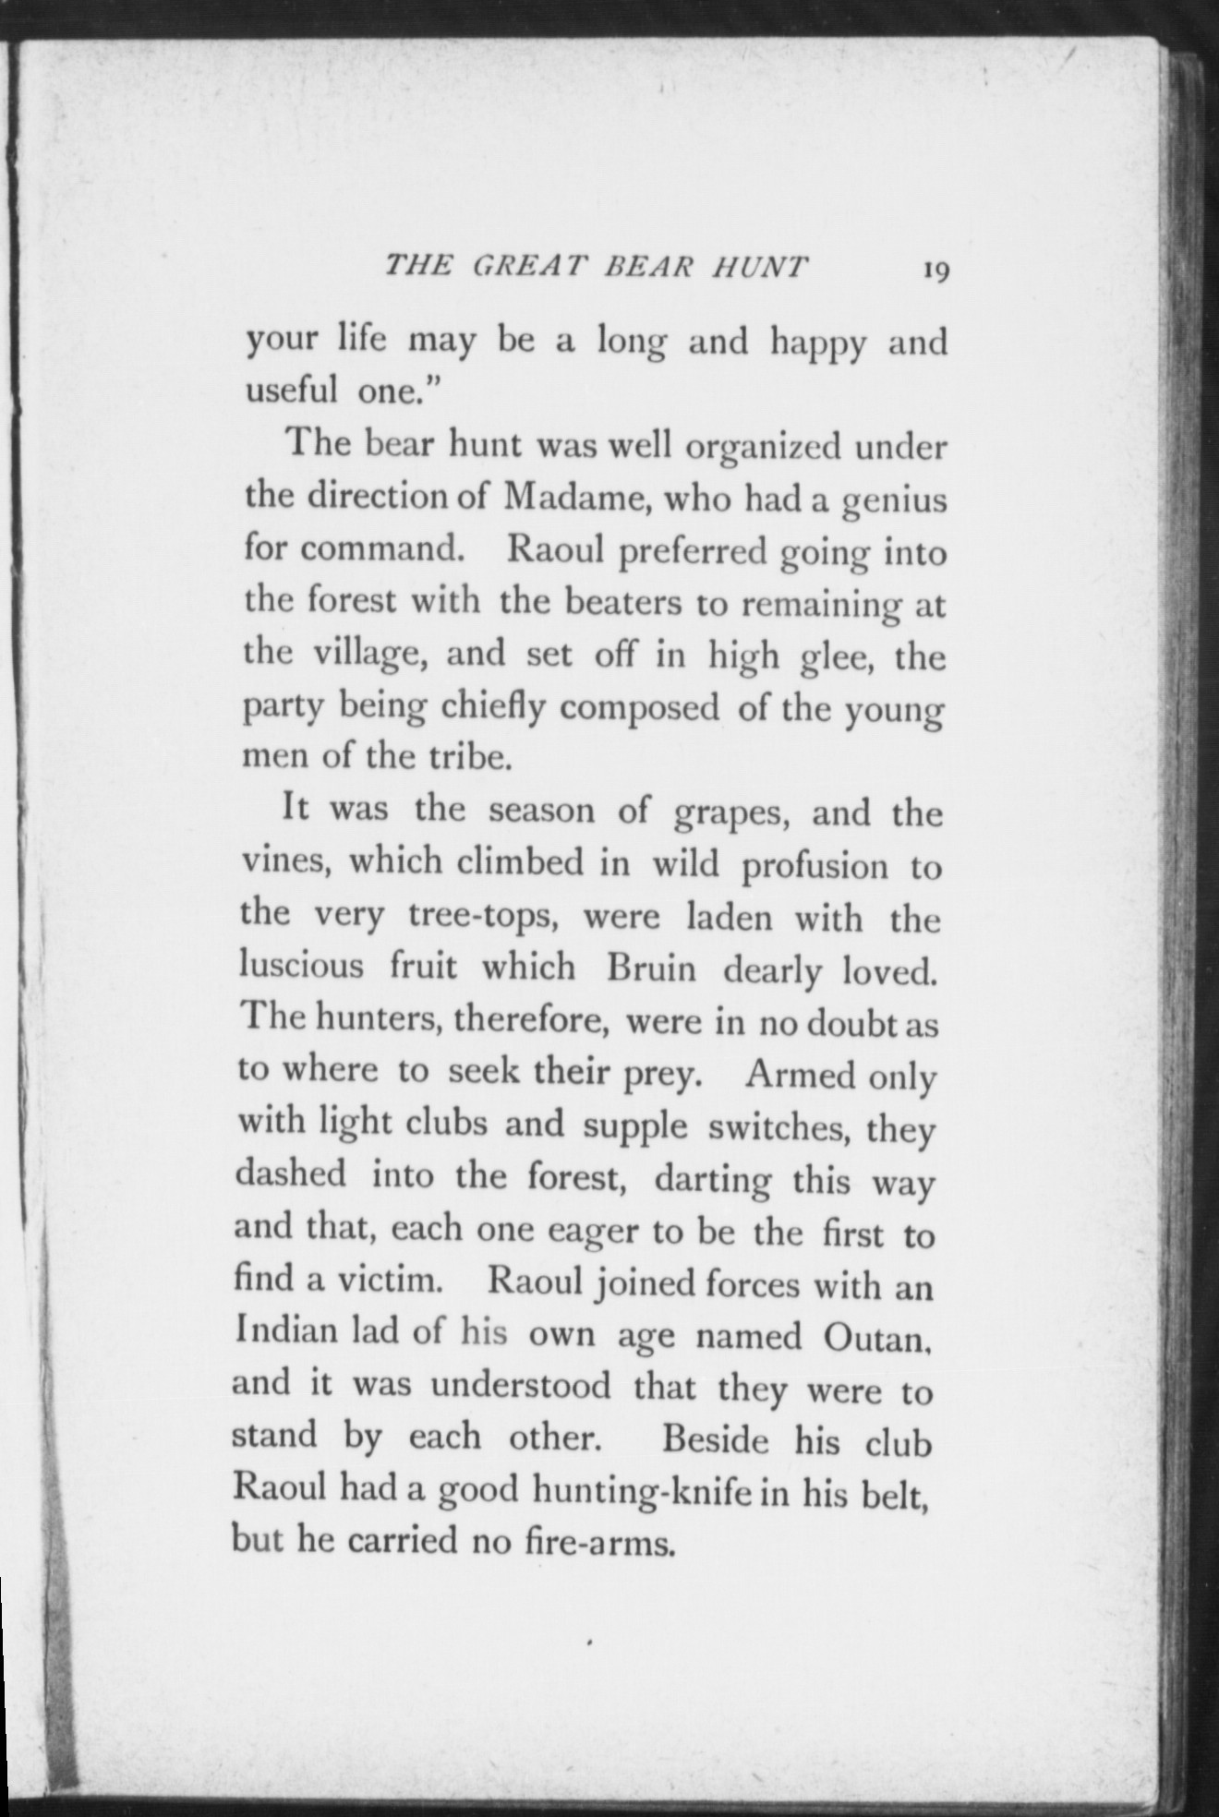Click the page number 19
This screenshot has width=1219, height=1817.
(x=935, y=271)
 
